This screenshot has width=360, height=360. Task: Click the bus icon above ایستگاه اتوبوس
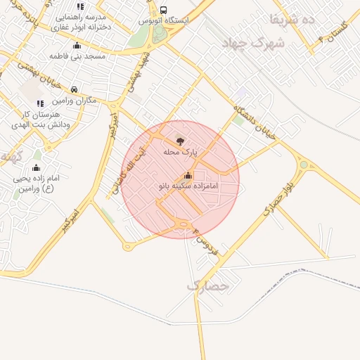point(163,11)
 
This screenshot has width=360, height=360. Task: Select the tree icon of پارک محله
point(179,141)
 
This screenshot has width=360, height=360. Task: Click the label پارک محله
point(181,152)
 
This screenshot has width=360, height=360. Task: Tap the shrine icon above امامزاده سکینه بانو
point(188,176)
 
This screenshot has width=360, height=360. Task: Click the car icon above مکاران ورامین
point(75,90)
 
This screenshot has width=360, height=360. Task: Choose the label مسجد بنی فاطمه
point(77,54)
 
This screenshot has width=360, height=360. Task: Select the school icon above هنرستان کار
point(40,103)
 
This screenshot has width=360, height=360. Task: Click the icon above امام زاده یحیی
point(36,168)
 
